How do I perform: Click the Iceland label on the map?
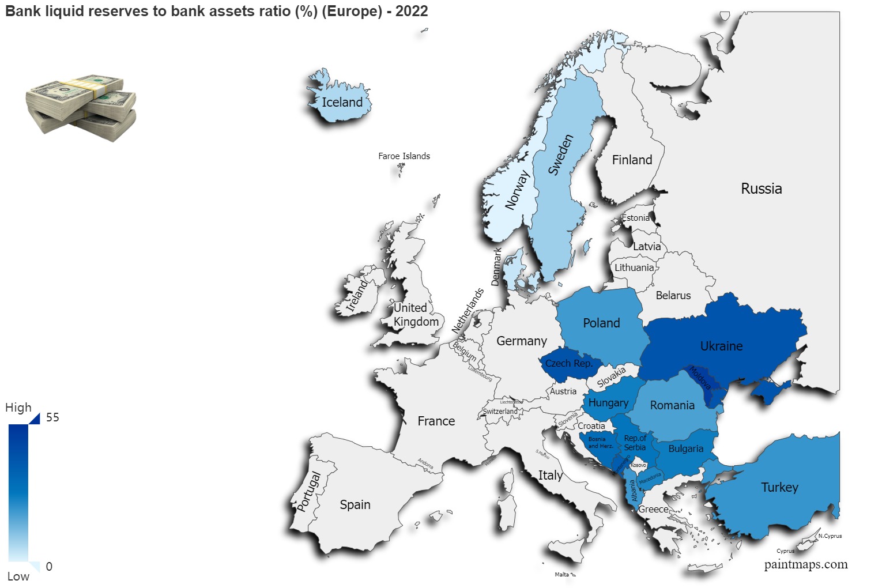[342, 103]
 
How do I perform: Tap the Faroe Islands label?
[404, 156]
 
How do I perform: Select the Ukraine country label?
[721, 346]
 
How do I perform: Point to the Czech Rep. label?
[568, 364]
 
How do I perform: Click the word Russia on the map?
[761, 189]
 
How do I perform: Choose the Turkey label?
[779, 488]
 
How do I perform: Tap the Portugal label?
[308, 492]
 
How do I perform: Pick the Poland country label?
[601, 323]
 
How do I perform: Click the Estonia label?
[635, 218]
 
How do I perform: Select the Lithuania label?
[634, 267]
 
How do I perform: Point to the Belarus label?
[673, 296]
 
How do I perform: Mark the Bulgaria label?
[685, 449]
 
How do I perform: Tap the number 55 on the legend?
[52, 417]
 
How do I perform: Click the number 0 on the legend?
[49, 567]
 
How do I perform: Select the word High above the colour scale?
[18, 408]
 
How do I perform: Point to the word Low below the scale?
[18, 576]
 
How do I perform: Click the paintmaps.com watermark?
[805, 565]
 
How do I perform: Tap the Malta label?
[561, 574]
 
